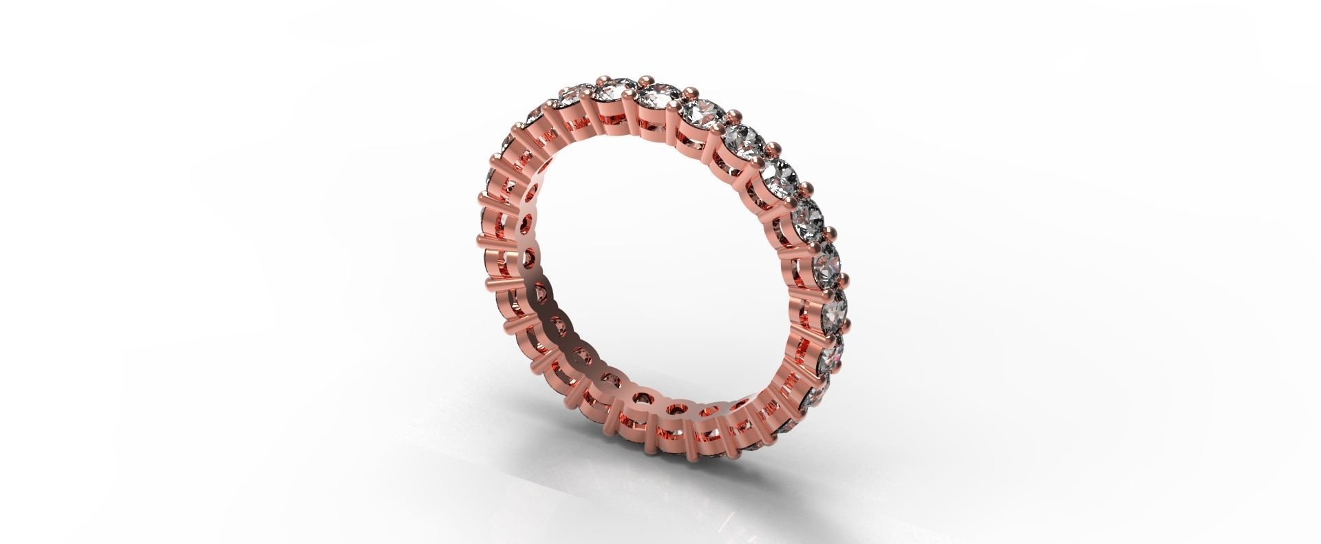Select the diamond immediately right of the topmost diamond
click(x=700, y=112)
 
